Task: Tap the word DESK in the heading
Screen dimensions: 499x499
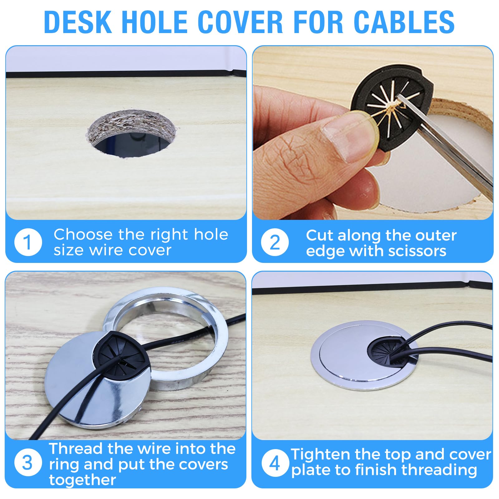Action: pos(78,22)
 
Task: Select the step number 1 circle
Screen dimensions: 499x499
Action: pos(28,242)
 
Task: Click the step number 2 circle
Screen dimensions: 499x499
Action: pos(275,242)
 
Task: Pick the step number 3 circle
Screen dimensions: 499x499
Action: pos(28,463)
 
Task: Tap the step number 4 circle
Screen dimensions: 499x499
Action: pos(275,463)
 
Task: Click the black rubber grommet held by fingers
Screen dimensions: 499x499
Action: pos(391,103)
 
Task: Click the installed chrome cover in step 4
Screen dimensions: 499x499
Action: pos(365,356)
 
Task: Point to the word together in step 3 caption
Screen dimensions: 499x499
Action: pos(83,480)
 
